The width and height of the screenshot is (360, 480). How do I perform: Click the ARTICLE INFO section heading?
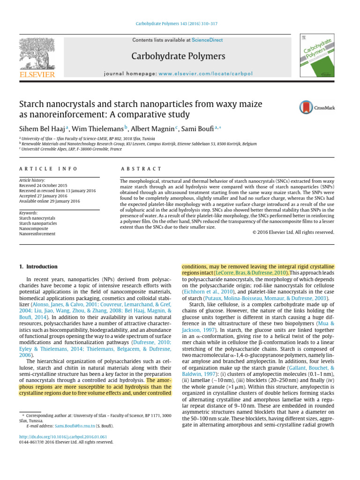(x=48, y=169)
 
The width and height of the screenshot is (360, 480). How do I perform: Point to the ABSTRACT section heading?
(x=141, y=169)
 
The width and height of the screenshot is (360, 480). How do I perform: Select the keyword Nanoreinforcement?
(x=37, y=233)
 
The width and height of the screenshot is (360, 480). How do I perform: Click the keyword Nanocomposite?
(x=34, y=228)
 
